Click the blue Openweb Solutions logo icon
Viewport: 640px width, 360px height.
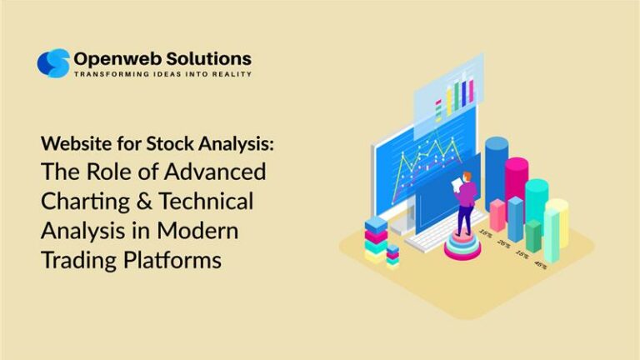(53, 63)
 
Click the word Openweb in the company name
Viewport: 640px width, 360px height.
(114, 58)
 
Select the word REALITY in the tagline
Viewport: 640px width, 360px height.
(231, 74)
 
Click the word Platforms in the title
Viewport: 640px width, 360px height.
(172, 260)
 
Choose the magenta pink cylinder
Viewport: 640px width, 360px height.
(517, 187)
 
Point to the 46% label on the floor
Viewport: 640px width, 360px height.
(542, 265)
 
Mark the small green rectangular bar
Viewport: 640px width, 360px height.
(533, 234)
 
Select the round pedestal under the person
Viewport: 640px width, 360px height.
(463, 246)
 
